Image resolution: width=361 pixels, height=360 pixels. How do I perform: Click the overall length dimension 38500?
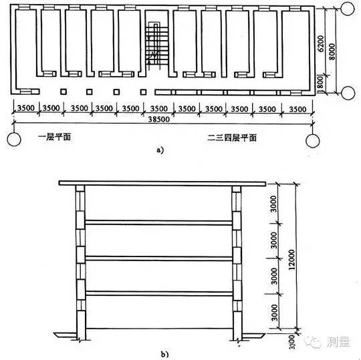158,119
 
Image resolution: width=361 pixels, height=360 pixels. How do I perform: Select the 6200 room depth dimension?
321,43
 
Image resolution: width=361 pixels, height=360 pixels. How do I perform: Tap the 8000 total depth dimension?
332,51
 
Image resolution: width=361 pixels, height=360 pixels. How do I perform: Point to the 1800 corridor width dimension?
321,84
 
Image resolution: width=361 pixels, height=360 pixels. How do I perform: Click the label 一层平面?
54,137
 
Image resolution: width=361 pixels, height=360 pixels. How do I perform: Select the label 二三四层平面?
231,138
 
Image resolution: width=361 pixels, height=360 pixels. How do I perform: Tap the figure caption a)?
160,150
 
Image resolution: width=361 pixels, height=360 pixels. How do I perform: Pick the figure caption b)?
165,354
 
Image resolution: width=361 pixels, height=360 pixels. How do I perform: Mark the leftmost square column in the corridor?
64,92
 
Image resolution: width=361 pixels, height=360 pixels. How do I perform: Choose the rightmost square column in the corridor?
144,92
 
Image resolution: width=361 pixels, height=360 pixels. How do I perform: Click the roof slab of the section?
162,183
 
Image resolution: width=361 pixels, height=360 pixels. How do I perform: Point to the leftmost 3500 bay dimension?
26,108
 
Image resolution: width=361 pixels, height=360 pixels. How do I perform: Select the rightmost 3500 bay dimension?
297,110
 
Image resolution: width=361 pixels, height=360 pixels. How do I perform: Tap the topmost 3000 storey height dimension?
273,204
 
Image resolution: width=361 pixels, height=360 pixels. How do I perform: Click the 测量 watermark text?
338,342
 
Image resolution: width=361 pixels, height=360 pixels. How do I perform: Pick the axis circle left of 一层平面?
14,139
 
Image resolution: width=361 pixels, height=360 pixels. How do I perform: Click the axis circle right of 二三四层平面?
313,140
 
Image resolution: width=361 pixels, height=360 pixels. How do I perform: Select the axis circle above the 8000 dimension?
348,9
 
